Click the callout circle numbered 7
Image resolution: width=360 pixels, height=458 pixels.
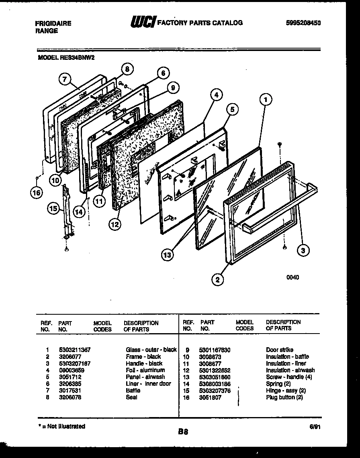pos(65,79)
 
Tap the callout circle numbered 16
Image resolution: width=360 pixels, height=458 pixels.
pos(37,193)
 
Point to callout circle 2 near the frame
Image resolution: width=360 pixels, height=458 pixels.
pos(217,280)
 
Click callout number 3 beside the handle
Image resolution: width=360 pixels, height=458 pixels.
pos(303,251)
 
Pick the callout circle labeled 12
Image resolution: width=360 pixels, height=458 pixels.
pos(115,224)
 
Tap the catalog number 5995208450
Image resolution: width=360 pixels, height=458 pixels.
pos(303,23)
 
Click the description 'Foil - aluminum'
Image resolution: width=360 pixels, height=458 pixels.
pos(145,370)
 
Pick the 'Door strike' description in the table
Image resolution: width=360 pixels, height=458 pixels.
pos(279,350)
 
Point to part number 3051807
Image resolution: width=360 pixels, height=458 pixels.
pos(210,397)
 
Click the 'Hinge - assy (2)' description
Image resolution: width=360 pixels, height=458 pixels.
pos(286,391)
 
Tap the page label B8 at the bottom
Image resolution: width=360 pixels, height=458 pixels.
pos(183,432)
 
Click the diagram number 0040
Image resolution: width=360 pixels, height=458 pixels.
pos(292,277)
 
